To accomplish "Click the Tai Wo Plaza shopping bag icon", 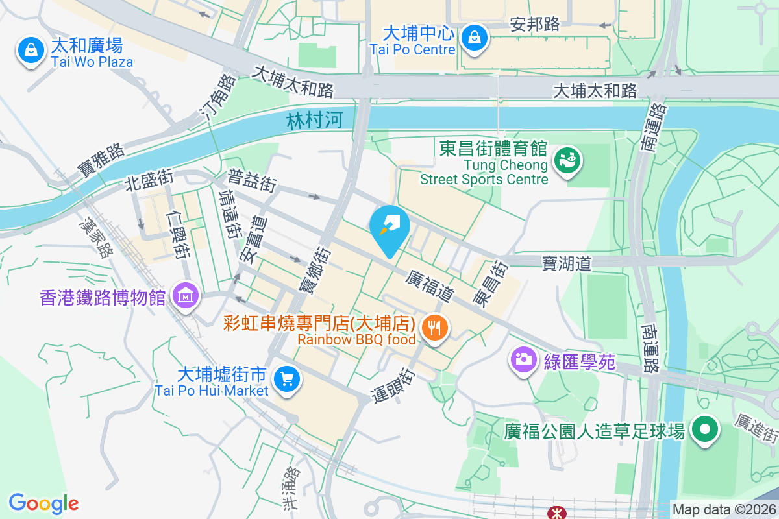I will pyautogui.click(x=29, y=49).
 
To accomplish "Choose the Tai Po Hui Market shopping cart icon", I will pyautogui.click(x=286, y=380).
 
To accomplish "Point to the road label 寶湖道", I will pyautogui.click(x=567, y=263).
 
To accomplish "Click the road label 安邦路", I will pyautogui.click(x=535, y=25).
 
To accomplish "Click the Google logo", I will pyautogui.click(x=43, y=503).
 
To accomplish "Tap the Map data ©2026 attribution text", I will pyautogui.click(x=723, y=510).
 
